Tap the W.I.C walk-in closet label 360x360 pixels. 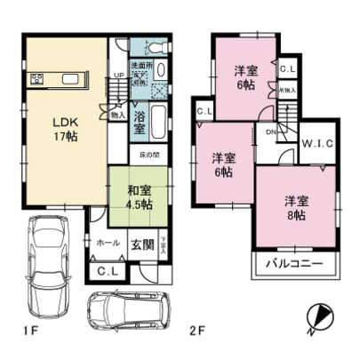click(x=316, y=144)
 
